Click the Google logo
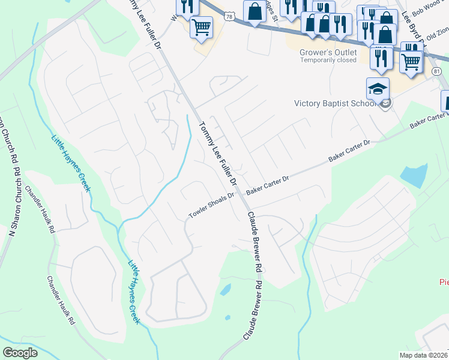(20, 353)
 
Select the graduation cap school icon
(378, 89)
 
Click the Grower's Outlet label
(328, 52)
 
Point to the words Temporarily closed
(328, 61)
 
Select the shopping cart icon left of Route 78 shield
(202, 26)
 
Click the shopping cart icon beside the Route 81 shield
(411, 60)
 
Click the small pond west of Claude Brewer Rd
(225, 290)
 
